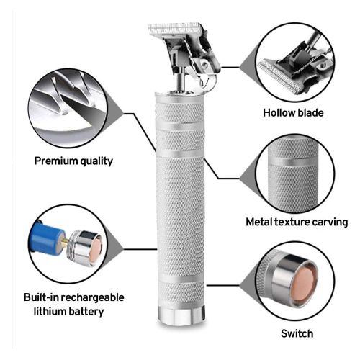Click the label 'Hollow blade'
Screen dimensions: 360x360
tap(293, 113)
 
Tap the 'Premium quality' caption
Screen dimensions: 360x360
tap(73, 161)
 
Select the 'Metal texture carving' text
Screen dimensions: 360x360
tap(297, 222)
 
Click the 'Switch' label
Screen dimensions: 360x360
tap(297, 333)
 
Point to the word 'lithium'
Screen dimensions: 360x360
tap(50, 312)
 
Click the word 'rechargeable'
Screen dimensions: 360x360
tap(94, 297)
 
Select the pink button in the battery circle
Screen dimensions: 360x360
tap(96, 248)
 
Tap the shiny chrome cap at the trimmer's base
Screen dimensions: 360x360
tap(181, 315)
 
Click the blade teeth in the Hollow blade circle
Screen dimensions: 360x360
tap(279, 75)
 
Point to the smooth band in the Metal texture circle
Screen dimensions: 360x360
tap(294, 162)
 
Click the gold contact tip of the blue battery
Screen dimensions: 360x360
tap(66, 241)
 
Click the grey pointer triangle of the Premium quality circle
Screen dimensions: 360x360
tap(114, 114)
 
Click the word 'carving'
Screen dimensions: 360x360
tap(330, 222)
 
